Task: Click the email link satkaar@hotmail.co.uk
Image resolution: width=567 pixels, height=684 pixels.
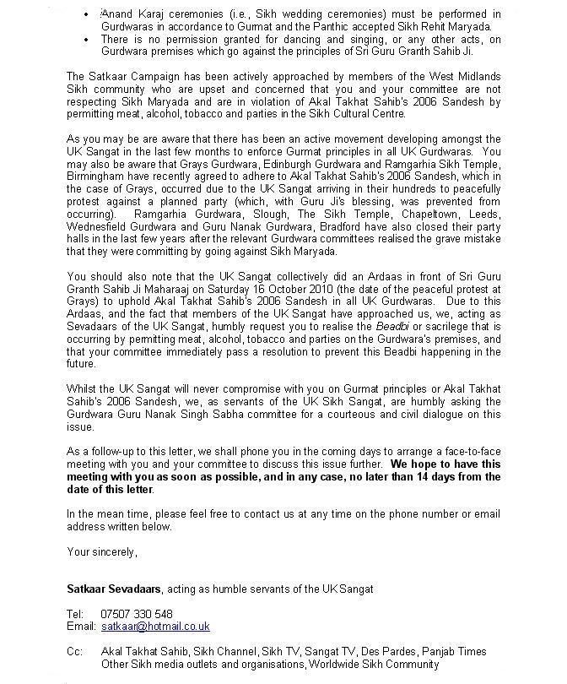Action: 155,627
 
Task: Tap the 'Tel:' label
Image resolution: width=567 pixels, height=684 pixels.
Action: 75,614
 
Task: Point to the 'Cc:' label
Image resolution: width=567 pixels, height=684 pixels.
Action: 75,652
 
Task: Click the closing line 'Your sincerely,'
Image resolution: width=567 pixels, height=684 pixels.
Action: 101,552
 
